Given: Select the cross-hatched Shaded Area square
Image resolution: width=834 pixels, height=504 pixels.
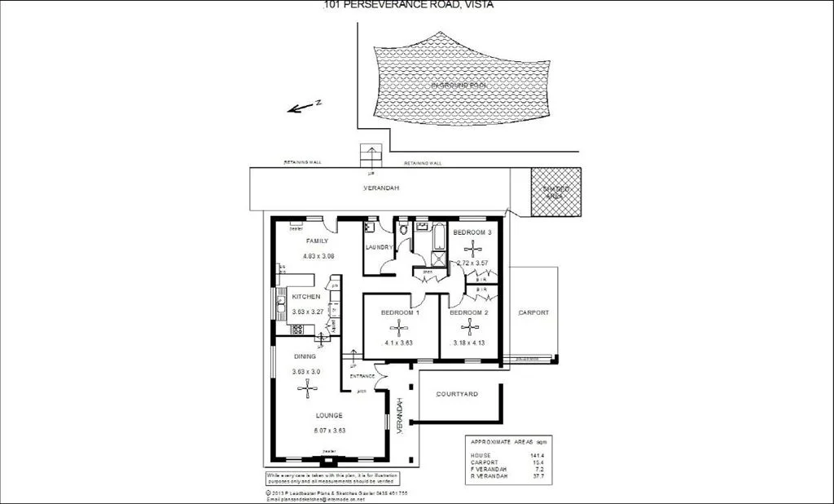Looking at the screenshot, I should coord(556,192).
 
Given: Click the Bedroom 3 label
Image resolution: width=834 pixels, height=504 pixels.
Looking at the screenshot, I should coord(472,233).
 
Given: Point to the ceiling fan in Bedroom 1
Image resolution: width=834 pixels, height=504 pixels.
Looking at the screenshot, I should coord(398,329).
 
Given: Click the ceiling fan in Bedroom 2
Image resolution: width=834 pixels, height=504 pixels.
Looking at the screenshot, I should coord(471,329).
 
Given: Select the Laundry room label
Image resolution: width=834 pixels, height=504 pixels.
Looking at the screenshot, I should coord(380,247).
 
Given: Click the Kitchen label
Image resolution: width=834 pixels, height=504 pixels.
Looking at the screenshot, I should coord(306,297).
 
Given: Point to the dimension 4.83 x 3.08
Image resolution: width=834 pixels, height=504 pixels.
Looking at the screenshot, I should coord(319,257).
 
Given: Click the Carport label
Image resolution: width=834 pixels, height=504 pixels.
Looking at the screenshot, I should coord(533,312).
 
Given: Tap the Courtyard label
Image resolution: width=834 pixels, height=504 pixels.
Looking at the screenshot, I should coord(457,394).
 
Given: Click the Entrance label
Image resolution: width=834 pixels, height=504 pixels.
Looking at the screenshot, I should coord(362,376).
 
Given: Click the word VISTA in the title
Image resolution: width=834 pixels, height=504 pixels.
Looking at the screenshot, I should coord(478,4).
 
